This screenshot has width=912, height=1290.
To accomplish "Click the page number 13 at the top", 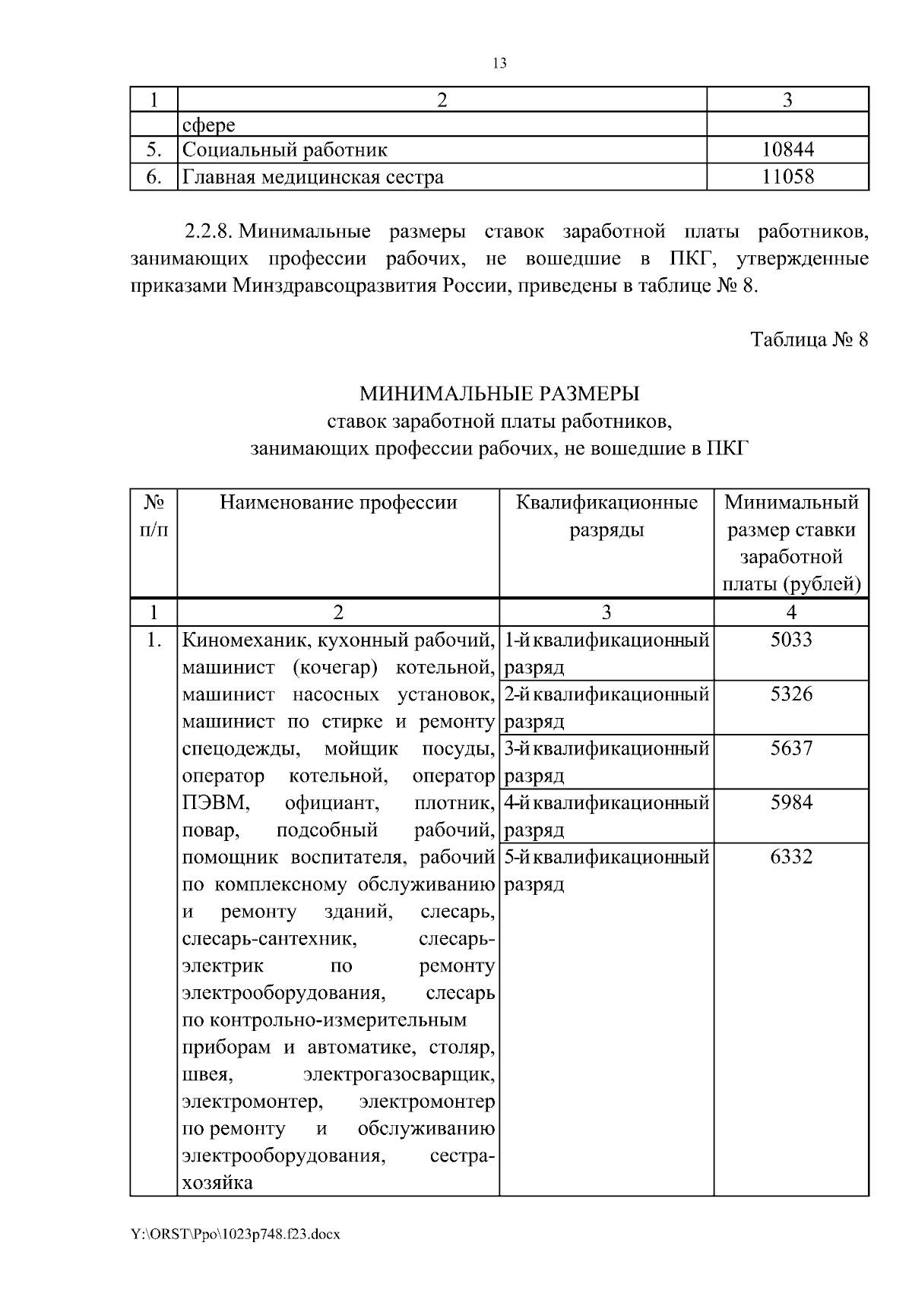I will (x=499, y=64).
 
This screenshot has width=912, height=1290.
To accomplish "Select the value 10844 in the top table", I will (x=787, y=150).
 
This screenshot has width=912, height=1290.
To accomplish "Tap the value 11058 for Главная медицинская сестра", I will (x=787, y=177).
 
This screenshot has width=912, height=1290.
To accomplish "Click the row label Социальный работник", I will (x=285, y=150).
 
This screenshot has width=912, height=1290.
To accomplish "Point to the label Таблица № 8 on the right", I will (x=809, y=339).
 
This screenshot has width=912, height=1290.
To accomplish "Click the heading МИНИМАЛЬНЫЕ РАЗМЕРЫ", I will (x=499, y=394).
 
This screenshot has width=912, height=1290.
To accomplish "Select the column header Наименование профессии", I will (x=338, y=503).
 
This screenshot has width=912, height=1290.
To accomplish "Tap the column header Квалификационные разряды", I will (x=606, y=516).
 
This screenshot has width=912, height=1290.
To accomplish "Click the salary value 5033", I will (x=791, y=640).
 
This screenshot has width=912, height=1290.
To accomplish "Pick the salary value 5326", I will (x=791, y=694).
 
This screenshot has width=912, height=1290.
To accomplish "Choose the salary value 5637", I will (x=791, y=749).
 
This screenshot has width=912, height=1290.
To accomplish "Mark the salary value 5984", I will (x=791, y=803).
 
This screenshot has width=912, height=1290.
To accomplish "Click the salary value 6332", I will (x=791, y=858).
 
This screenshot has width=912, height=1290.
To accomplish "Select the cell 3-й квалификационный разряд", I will (x=606, y=761).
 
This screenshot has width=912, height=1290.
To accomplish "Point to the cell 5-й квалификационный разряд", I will (x=606, y=871).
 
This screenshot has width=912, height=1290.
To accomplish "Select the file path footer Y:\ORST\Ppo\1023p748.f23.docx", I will (x=235, y=1235).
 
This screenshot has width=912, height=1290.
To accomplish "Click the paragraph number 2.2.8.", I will (x=207, y=231).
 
